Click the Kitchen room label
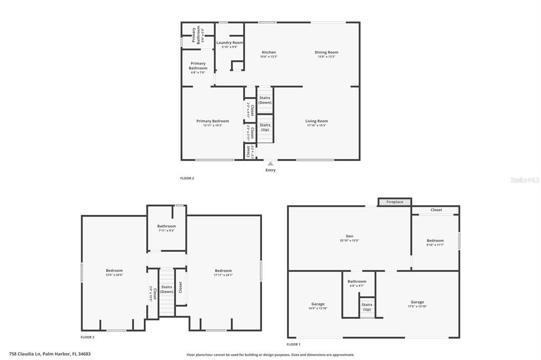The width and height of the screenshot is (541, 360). (x=268, y=53)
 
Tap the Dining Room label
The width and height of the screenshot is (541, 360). (x=326, y=53)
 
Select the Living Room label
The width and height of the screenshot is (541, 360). (x=316, y=121)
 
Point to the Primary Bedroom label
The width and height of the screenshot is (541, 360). (x=212, y=121)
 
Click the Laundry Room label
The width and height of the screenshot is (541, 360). (x=229, y=43)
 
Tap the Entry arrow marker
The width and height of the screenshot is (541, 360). (x=270, y=164)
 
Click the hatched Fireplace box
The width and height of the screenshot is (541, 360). (x=395, y=202)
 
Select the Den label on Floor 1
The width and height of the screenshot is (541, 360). (x=349, y=236)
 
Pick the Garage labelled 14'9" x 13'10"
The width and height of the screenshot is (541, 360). (x=318, y=305)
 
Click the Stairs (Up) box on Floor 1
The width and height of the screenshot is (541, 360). (x=367, y=307)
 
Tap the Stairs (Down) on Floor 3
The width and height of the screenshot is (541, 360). (x=166, y=289)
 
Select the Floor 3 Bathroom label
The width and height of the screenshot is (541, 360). (x=166, y=226)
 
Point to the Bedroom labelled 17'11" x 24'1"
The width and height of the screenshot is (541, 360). (x=223, y=271)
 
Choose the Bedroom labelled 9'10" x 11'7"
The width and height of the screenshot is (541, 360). (x=435, y=241)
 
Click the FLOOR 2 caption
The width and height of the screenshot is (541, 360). (x=187, y=178)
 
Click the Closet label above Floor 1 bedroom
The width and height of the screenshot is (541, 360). (x=436, y=210)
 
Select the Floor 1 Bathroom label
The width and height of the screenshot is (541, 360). (x=357, y=282)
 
